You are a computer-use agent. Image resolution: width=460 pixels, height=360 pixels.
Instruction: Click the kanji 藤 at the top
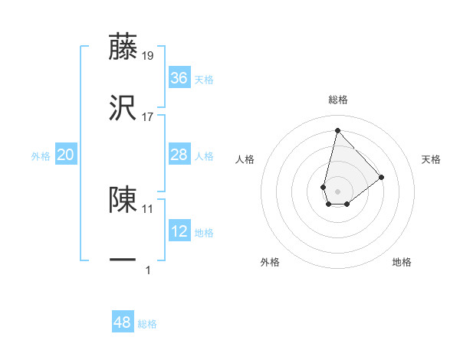(x=123, y=47)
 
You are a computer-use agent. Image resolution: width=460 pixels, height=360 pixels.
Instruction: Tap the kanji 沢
(x=123, y=108)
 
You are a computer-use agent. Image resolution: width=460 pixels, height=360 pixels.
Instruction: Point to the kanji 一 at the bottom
(x=123, y=260)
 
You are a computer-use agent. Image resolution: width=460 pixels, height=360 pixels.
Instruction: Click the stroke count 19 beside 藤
(x=148, y=55)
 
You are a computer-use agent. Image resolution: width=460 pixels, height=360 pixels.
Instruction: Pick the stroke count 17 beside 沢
(x=148, y=116)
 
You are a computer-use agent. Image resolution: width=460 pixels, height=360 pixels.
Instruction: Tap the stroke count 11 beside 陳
(x=148, y=208)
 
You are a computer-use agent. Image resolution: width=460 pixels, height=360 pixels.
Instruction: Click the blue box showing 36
(x=179, y=78)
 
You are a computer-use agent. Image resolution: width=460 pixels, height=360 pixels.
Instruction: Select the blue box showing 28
(x=179, y=155)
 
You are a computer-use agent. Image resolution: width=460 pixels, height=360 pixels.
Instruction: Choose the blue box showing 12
(x=179, y=231)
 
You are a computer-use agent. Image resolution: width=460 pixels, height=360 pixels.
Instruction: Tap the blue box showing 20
(x=66, y=155)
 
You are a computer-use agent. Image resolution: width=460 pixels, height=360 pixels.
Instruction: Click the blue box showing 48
(x=123, y=322)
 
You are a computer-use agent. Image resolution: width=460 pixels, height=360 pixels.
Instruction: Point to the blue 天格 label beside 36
(x=204, y=80)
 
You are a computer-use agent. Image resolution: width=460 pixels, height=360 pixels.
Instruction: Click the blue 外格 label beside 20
(x=41, y=156)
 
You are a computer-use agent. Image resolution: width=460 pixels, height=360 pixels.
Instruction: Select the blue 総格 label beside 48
(x=147, y=324)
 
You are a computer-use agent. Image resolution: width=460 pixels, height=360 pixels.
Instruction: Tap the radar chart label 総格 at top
(x=337, y=100)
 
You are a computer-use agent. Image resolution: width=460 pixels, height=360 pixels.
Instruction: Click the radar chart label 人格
(x=245, y=159)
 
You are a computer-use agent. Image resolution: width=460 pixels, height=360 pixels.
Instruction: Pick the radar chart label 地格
(x=402, y=262)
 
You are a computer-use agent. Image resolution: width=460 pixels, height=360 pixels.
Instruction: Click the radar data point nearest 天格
(x=381, y=177)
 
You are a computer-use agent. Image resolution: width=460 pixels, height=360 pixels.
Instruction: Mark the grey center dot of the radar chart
(x=337, y=191)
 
